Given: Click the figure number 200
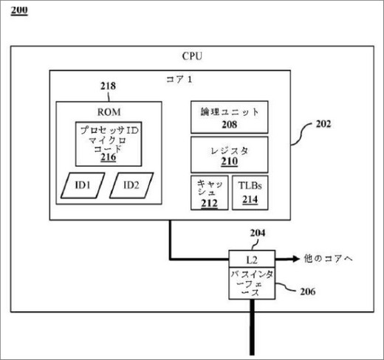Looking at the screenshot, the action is point(19,11).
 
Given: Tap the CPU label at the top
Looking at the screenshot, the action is point(192,56).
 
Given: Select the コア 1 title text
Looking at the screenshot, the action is point(179,80).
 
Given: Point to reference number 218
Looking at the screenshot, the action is point(108,86).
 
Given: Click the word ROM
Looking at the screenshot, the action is point(109,112).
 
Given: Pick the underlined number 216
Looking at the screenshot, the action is point(109,157).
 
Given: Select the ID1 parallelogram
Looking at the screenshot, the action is point(83,185).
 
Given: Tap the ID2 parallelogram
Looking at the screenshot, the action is point(131,185).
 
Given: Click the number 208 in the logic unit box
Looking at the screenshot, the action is point(230,125).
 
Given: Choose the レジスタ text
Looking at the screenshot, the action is point(230,150).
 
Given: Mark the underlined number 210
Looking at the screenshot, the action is point(230,162).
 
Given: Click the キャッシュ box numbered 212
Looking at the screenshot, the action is point(210,193).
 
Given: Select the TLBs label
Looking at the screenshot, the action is point(250,186).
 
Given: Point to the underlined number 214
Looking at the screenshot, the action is point(250,199).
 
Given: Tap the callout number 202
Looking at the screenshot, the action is point(323,124).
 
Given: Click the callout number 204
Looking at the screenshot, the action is point(258,233).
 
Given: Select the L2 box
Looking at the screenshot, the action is point(252,259).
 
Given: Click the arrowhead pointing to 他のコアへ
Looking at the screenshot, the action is point(295,259).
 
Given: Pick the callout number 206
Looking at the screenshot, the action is point(308,291).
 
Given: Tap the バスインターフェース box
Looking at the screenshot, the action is point(252,283).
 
